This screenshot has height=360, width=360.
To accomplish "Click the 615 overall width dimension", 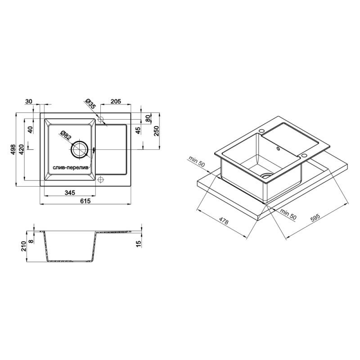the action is pyautogui.click(x=85, y=201).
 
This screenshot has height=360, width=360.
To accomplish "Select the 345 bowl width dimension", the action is pyautogui.click(x=70, y=193).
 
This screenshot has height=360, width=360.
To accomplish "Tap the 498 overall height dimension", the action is pyautogui.click(x=13, y=149).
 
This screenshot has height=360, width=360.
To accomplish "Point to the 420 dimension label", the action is pyautogui.click(x=21, y=149).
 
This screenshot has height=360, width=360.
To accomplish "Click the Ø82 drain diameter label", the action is pyautogui.click(x=65, y=135).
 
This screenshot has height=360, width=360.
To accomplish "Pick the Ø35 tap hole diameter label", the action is pyautogui.click(x=90, y=104).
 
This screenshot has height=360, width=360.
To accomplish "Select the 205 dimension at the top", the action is pyautogui.click(x=116, y=101).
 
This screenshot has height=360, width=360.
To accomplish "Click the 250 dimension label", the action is pyautogui.click(x=156, y=131).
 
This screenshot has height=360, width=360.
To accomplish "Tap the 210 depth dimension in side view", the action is pyautogui.click(x=23, y=246).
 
